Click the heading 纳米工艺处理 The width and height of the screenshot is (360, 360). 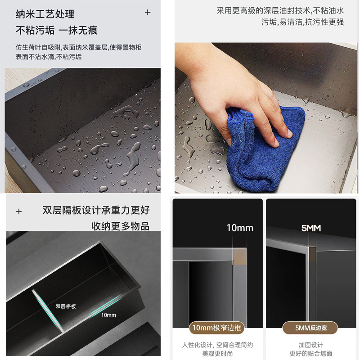click(x=45, y=14)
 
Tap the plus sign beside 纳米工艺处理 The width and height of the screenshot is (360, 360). click(x=148, y=13)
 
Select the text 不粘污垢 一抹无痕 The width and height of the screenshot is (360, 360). click(x=57, y=30)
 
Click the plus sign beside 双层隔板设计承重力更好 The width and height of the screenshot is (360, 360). click(x=19, y=211)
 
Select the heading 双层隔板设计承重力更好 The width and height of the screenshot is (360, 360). click(x=96, y=210)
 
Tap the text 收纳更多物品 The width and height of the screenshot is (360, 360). click(x=121, y=226)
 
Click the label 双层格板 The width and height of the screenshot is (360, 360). click(x=66, y=306)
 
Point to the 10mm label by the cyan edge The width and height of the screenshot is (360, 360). click(x=108, y=315)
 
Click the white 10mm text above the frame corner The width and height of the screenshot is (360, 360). click(x=240, y=228)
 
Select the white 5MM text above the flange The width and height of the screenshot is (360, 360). click(x=311, y=228)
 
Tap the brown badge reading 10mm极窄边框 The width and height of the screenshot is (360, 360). click(x=217, y=328)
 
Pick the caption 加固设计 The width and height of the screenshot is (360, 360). click(x=310, y=345)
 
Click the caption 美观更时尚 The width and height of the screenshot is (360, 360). click(x=217, y=354)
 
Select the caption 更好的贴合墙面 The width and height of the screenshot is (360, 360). click(x=310, y=354)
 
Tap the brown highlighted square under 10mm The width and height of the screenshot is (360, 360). click(x=240, y=256)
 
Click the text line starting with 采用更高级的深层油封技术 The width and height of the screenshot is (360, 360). click(x=280, y=10)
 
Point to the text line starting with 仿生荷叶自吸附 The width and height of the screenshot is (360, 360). click(x=78, y=47)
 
